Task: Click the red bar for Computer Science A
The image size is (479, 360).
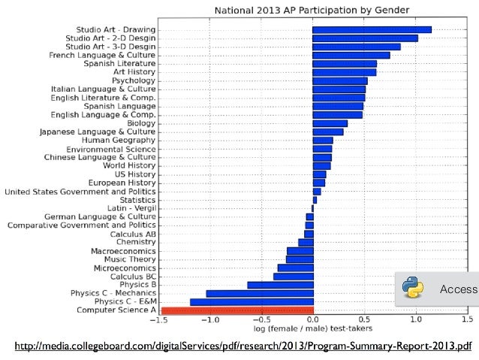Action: [237, 310]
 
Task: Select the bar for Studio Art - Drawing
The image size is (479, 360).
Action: [372, 29]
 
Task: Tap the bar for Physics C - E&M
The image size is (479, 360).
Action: [252, 301]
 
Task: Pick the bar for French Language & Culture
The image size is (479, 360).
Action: [351, 55]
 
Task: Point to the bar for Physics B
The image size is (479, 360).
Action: [280, 284]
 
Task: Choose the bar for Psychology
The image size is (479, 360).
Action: [339, 80]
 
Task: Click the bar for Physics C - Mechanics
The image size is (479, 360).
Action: [259, 293]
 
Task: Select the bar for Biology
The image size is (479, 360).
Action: [330, 123]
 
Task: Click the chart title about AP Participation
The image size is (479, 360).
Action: [312, 11]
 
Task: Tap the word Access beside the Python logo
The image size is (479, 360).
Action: [458, 289]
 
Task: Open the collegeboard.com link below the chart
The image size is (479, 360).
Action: [243, 346]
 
